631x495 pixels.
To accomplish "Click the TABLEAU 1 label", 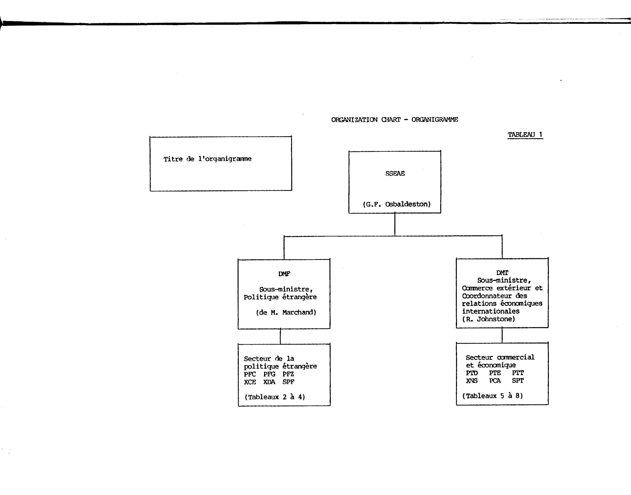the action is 525,135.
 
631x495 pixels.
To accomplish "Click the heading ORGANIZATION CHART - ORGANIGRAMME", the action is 395,120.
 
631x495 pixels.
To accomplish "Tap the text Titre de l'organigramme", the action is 207,159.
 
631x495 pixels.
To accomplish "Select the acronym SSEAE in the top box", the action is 395,173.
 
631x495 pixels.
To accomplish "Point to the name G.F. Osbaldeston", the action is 397,204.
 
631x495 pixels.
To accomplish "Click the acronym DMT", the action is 502,273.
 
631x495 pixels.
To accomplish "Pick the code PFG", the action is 269,374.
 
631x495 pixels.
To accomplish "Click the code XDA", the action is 269,382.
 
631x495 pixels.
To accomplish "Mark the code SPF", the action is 288,382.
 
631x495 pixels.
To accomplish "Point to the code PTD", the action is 472,373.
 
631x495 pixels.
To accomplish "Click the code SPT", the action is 518,381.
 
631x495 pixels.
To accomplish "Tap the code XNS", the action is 472,381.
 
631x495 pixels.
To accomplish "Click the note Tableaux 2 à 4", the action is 275,397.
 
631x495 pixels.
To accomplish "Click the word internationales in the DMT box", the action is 491,311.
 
